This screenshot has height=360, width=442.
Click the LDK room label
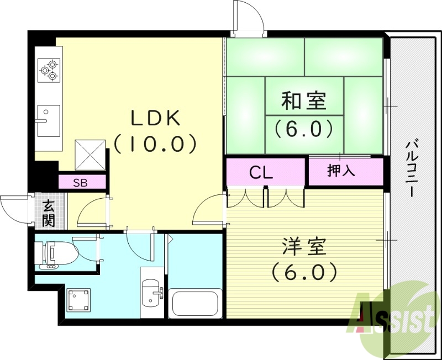[155, 118]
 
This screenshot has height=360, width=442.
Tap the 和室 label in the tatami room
[304, 102]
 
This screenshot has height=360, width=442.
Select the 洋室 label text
[303, 247]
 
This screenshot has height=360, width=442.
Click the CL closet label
[261, 172]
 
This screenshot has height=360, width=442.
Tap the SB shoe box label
[81, 183]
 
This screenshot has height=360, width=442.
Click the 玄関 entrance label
[49, 214]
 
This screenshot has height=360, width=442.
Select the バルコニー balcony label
[412, 169]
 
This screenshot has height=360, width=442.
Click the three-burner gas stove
[48, 70]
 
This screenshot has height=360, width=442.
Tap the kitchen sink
[48, 120]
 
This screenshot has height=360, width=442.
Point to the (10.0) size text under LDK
[155, 144]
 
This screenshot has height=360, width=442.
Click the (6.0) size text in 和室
[304, 128]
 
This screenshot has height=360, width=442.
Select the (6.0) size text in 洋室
[303, 272]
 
